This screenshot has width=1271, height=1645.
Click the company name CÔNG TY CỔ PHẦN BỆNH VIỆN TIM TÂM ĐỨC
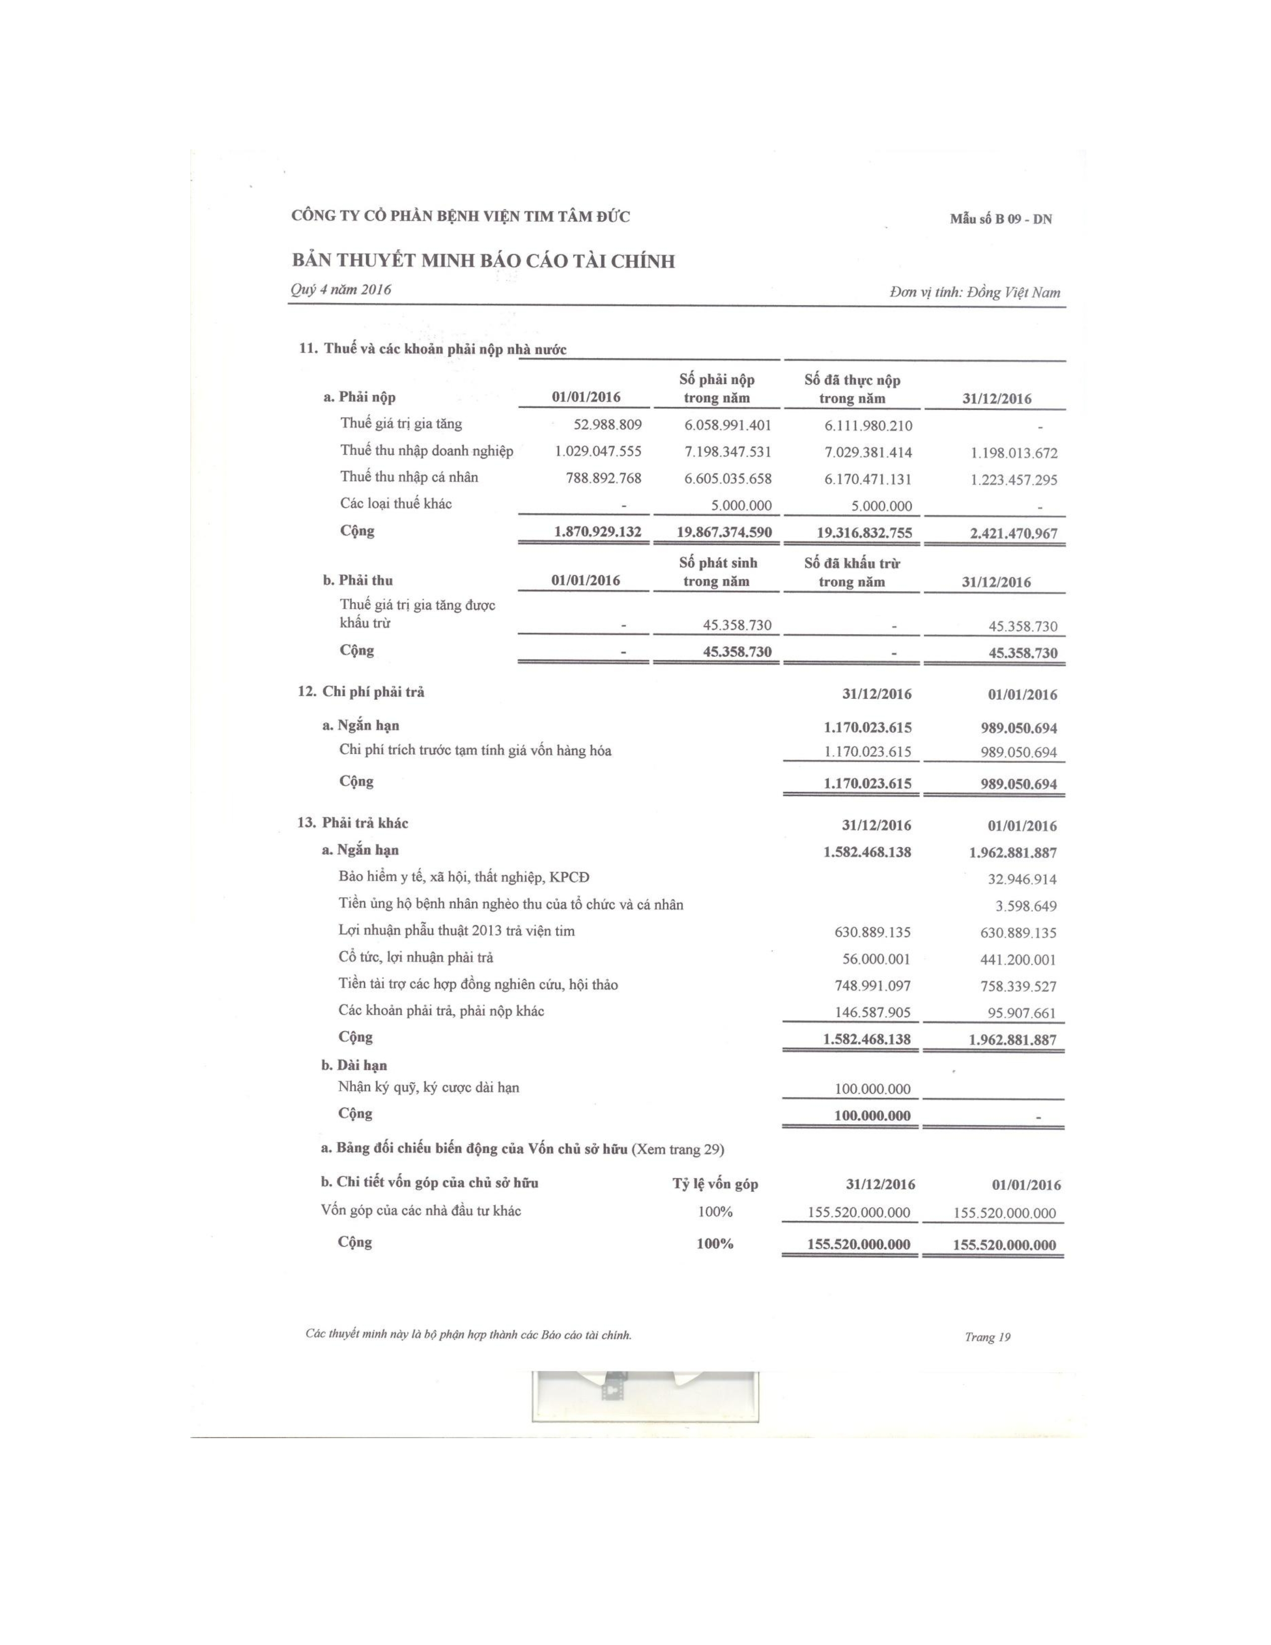[460, 217]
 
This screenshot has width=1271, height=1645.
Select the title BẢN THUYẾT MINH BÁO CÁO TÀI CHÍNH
[483, 261]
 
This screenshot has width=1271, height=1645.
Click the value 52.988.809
[607, 425]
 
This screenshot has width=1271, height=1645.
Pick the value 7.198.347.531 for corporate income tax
[727, 452]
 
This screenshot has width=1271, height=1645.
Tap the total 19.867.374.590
[724, 532]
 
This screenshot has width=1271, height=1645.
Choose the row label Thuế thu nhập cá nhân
[409, 477]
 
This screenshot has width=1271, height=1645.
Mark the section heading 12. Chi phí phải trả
[361, 691]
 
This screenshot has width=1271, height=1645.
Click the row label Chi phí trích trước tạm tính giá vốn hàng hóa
[475, 750]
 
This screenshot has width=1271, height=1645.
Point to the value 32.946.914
[1022, 879]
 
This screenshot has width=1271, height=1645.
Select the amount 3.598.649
[1026, 906]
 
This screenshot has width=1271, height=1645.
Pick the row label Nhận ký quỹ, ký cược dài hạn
[429, 1087]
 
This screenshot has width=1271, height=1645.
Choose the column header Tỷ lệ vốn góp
[715, 1184]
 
